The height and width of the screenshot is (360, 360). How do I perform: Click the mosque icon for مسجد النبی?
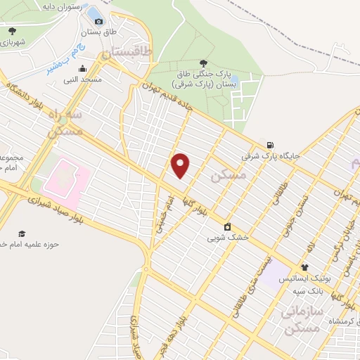click(83, 69)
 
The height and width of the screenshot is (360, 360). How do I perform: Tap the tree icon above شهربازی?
click(12, 31)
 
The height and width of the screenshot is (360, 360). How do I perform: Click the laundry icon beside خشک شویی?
click(228, 226)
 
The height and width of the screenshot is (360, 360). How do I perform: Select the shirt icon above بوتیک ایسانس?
click(304, 267)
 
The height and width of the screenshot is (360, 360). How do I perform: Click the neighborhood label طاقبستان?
click(127, 52)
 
